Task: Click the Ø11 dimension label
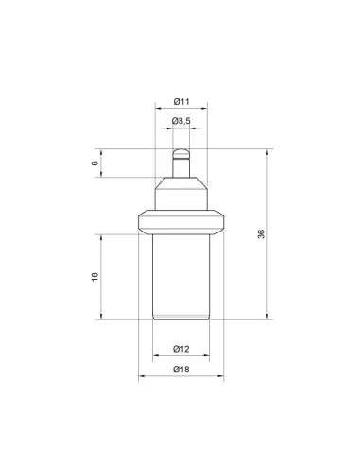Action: [x=181, y=102]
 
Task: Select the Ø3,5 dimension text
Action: [x=181, y=121]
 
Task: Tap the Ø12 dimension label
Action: [x=181, y=349]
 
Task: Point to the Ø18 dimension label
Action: [x=181, y=369]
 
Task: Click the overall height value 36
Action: [x=261, y=234]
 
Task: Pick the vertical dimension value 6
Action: [x=94, y=164]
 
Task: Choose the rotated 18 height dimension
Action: [x=94, y=277]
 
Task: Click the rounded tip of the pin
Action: [x=181, y=153]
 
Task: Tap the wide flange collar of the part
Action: [x=181, y=222]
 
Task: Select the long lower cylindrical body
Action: [x=181, y=277]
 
